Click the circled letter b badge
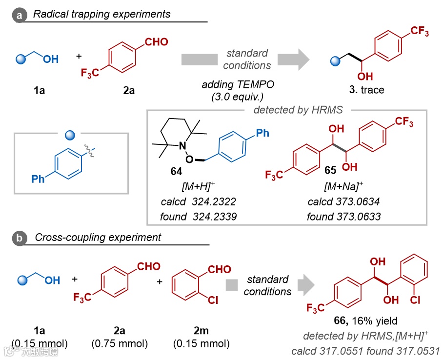coord(20,239)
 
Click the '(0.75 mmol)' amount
coord(120,343)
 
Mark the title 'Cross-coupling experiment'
coord(98,238)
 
